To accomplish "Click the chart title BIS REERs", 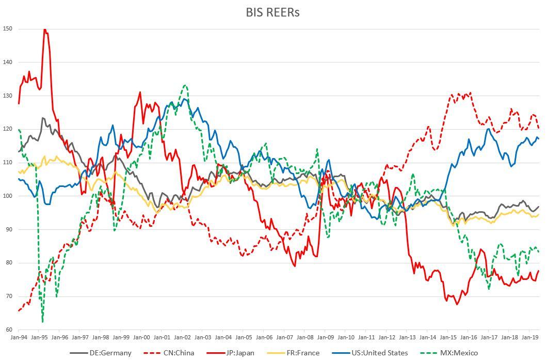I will [272, 12].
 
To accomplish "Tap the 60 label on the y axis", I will [9, 330].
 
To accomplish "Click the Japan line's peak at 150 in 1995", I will [45, 29].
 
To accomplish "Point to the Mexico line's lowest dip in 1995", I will [42, 322].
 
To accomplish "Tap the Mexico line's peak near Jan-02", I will [185, 85].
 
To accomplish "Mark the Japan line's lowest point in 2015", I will [457, 304].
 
